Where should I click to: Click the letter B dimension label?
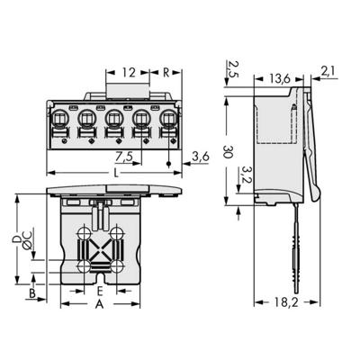pos(32,293)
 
